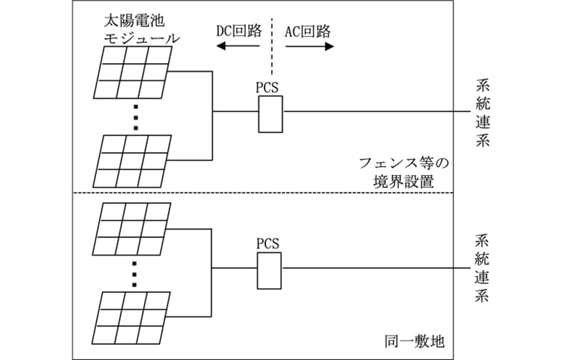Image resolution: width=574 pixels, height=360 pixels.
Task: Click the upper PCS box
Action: click(x=270, y=113)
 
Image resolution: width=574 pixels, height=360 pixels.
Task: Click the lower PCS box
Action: click(x=270, y=268)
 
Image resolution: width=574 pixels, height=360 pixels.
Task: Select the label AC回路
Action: click(x=309, y=31)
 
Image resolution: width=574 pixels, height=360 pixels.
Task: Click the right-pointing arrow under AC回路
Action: click(x=309, y=47)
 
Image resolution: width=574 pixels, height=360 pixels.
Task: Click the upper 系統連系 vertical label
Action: click(x=482, y=113)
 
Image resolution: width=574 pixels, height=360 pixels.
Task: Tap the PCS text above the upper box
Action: click(x=267, y=88)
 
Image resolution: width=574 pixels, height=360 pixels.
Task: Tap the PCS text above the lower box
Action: click(x=267, y=242)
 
